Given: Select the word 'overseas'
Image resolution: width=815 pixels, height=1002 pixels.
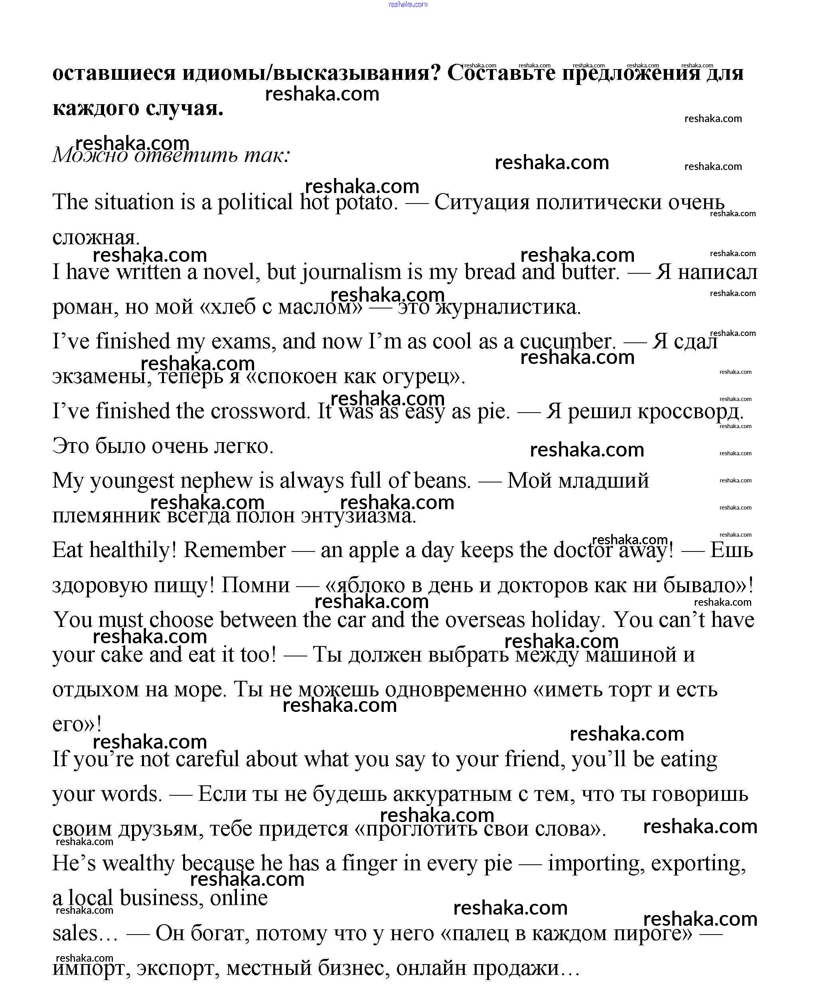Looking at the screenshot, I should click(x=485, y=620).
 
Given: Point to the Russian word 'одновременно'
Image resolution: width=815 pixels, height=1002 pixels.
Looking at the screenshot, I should click(x=456, y=689).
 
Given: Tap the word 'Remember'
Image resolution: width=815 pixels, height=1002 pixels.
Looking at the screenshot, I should click(x=234, y=550).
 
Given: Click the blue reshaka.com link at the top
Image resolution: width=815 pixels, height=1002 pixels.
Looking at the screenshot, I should click(x=408, y=4).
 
